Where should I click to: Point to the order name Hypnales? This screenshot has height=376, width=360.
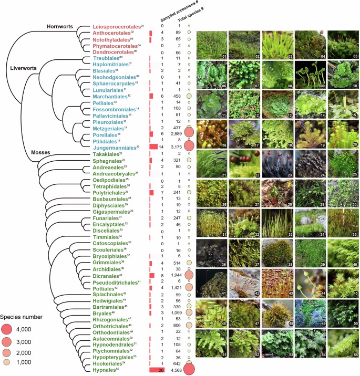coord(108,370)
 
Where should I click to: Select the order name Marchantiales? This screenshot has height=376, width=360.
coord(111,97)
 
